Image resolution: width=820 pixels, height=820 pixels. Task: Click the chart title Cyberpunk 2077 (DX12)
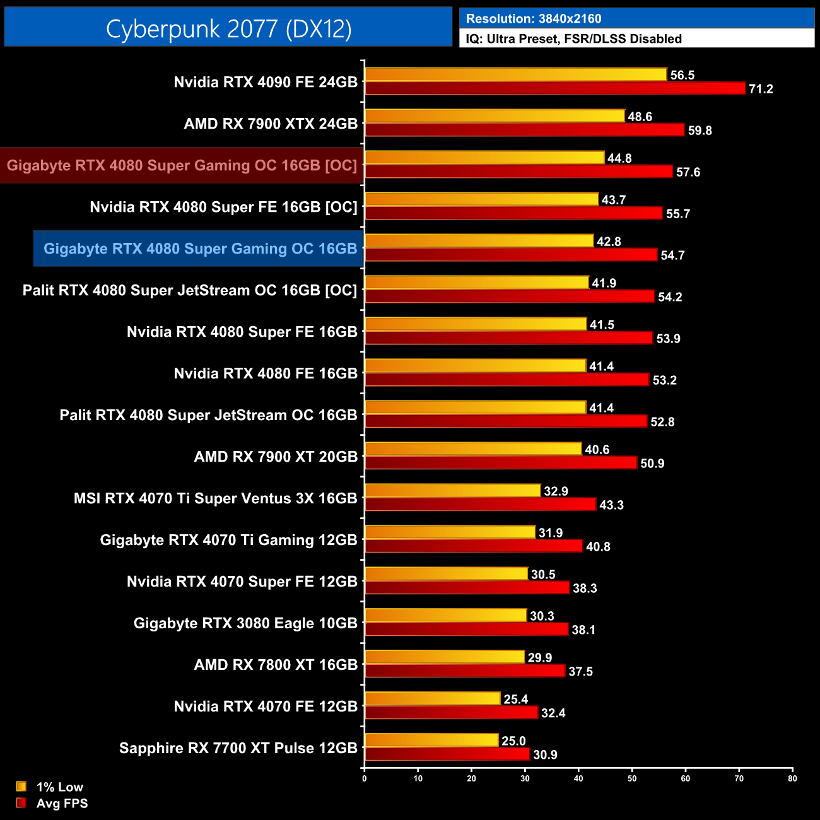228,28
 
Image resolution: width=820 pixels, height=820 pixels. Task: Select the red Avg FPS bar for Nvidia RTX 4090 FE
555,88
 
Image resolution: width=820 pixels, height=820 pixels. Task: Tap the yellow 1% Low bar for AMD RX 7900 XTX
495,116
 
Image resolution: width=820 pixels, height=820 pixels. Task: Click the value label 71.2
761,89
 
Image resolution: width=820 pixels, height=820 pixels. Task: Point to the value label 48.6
640,117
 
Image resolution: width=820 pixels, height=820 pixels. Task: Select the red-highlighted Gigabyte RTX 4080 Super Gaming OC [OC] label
182,165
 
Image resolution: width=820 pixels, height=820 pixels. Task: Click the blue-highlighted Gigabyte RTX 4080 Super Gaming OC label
200,249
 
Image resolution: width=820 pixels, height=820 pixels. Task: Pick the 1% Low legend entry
59,787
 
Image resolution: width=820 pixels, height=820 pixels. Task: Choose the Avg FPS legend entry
62,803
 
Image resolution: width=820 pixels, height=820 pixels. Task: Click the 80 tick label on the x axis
792,778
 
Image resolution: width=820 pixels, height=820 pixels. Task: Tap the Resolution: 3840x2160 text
534,19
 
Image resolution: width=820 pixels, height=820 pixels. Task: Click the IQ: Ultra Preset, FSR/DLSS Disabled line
573,38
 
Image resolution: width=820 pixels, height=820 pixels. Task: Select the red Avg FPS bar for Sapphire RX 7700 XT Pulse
447,754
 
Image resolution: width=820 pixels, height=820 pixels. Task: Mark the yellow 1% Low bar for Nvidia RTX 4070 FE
433,699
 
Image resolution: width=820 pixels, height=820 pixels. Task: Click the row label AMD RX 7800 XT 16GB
276,665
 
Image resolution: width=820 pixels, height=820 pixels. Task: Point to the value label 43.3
611,505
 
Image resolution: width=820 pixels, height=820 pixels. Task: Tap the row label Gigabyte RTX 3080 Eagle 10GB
245,623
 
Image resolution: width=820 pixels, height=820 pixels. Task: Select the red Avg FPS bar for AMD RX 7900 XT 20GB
501,463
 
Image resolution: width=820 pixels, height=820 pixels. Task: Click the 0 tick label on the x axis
365,778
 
